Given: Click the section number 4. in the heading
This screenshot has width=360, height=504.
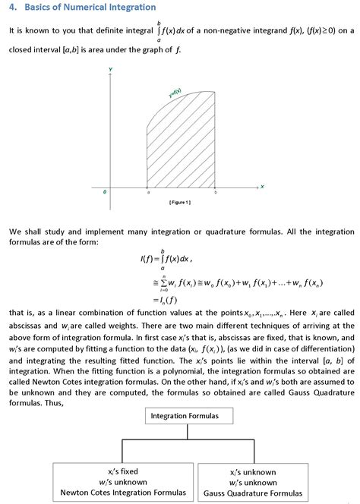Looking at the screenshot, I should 13,7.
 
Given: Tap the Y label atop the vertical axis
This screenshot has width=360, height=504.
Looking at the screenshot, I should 111,69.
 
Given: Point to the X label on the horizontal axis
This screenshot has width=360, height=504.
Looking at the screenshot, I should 262,187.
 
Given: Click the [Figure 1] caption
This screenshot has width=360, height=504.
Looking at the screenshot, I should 179,203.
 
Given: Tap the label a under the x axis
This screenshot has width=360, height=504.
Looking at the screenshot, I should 148,193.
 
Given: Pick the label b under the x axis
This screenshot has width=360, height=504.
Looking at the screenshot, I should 215,193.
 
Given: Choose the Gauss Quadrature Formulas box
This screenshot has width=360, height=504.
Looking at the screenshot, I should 253,482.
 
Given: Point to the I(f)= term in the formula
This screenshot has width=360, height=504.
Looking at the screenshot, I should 150,259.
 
